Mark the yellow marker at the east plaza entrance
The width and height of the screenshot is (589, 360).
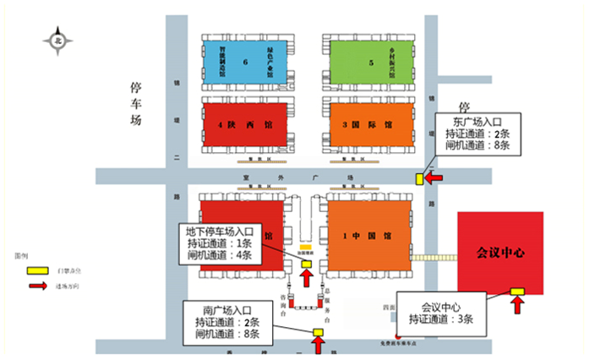(x=420, y=178)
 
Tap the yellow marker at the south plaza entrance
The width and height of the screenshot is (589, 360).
(x=319, y=332)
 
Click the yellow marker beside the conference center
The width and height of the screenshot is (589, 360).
(x=517, y=292)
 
